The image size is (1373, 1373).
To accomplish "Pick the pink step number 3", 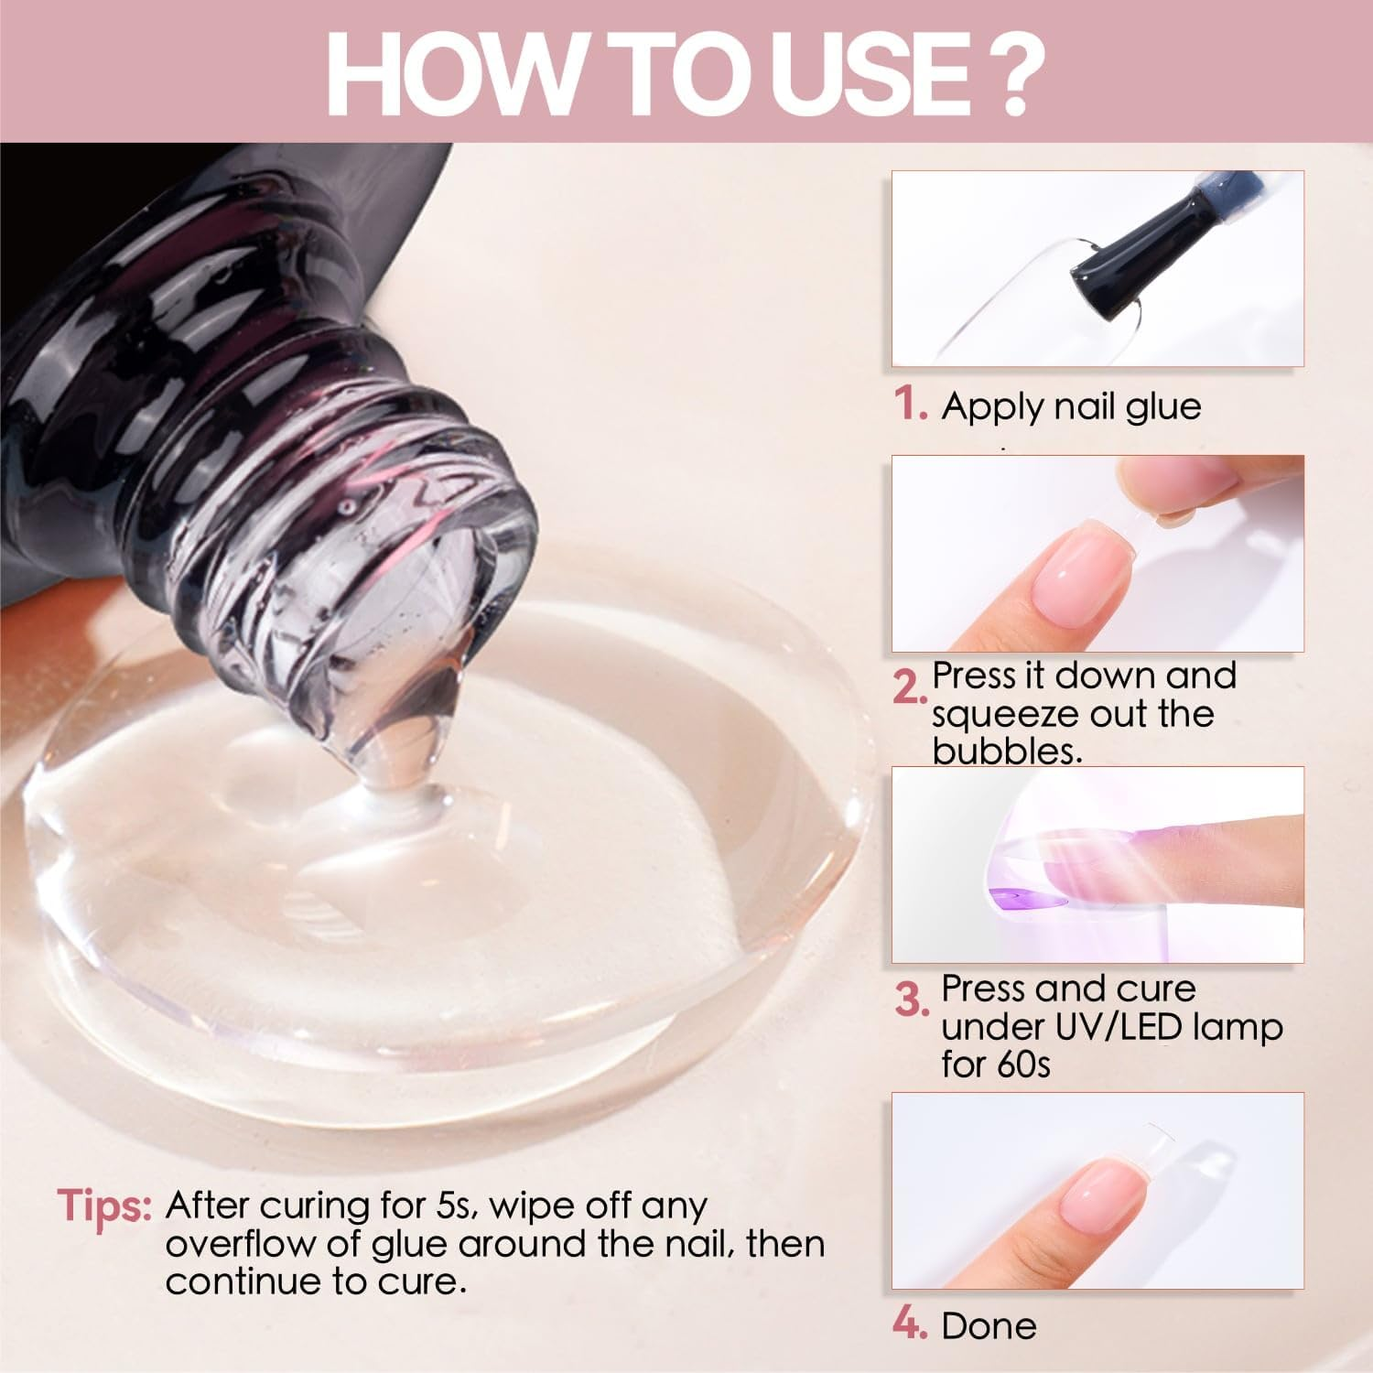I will pyautogui.click(x=910, y=999).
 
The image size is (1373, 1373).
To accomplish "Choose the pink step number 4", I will pyautogui.click(x=909, y=1324).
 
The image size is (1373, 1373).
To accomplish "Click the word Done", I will pyautogui.click(x=989, y=1325).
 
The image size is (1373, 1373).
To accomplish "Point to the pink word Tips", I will pyautogui.click(x=103, y=1205).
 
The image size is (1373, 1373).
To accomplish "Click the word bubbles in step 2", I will pyautogui.click(x=1007, y=751).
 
